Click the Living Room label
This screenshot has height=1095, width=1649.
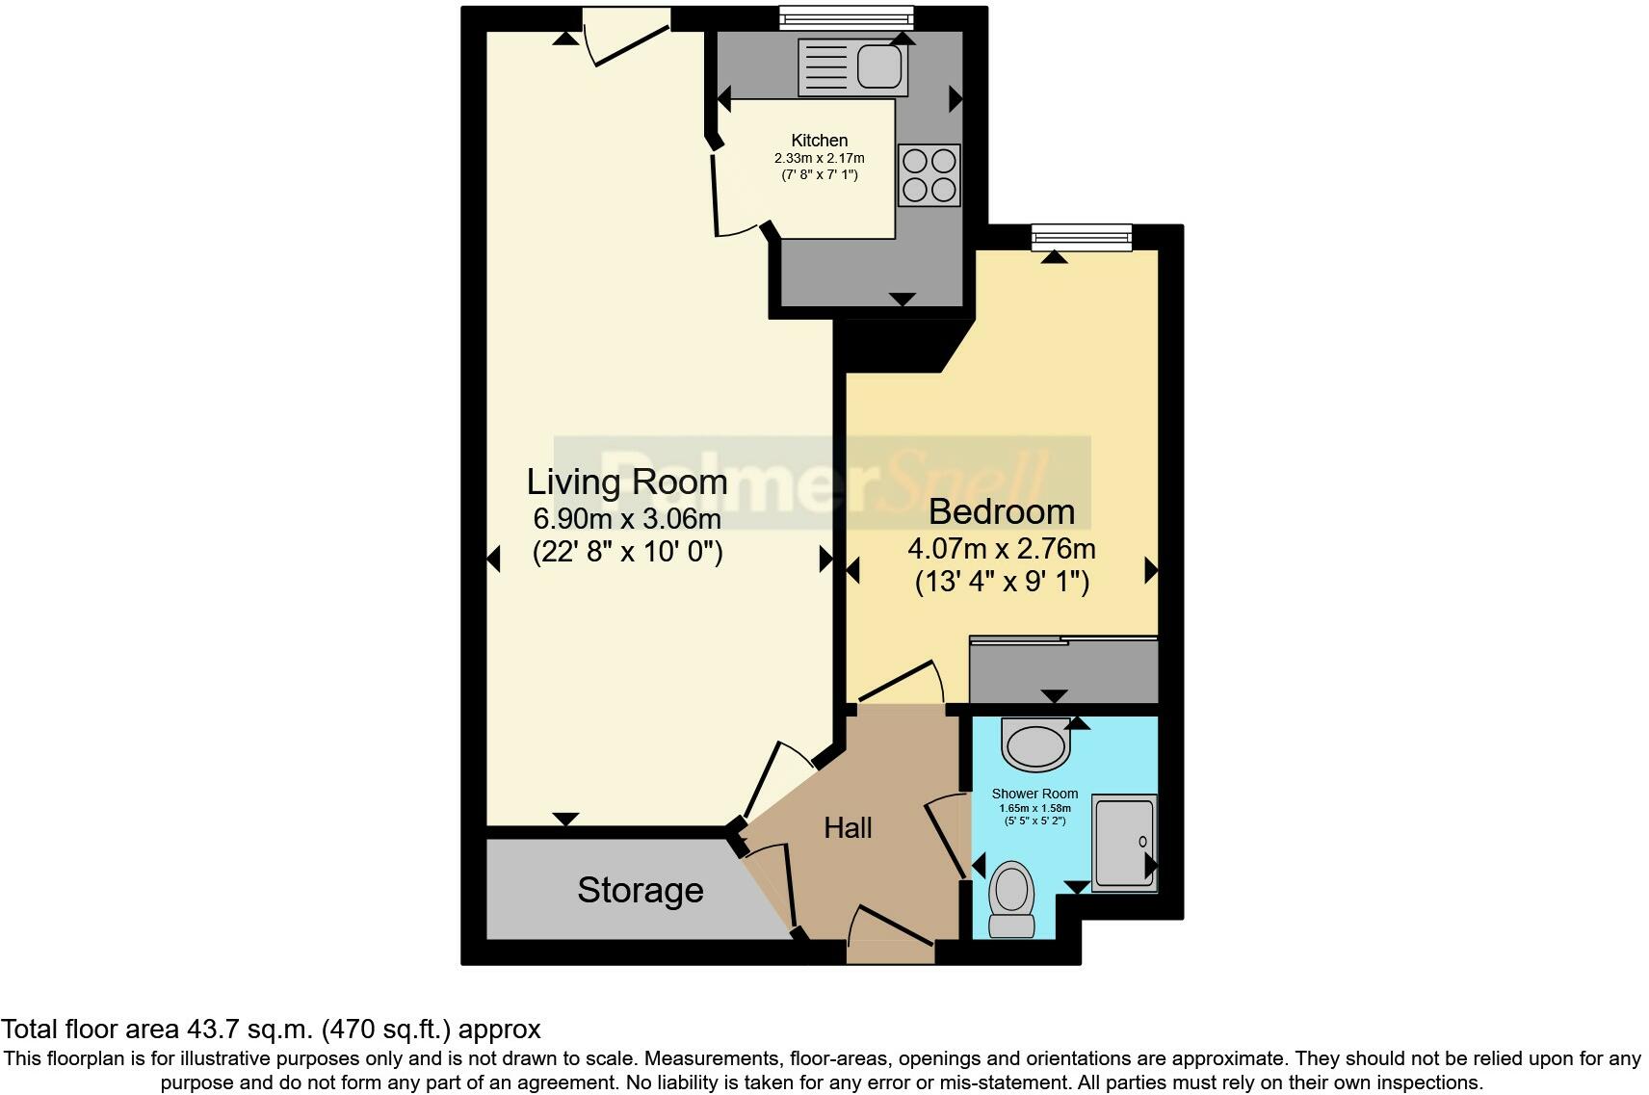pos(626,482)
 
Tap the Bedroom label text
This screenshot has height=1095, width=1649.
pos(1002,511)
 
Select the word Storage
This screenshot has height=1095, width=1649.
pos(640,890)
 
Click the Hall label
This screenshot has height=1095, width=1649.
pos(848,828)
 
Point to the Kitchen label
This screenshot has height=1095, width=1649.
pos(819,141)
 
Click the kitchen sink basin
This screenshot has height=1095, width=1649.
pos(880,66)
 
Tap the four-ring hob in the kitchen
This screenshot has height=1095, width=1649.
pos(929,175)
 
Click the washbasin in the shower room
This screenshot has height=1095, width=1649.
pos(1035,746)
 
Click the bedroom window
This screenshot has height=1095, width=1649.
pos(1081,237)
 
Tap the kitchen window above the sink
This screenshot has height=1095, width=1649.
pos(846,16)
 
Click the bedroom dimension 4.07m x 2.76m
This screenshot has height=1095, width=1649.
pos(1002,549)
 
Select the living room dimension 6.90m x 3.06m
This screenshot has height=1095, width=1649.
pos(627,519)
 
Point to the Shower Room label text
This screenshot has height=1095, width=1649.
pos(1034,795)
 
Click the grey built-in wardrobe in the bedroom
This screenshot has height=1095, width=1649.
pos(1063,670)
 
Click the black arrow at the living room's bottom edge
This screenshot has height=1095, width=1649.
pos(565,819)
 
